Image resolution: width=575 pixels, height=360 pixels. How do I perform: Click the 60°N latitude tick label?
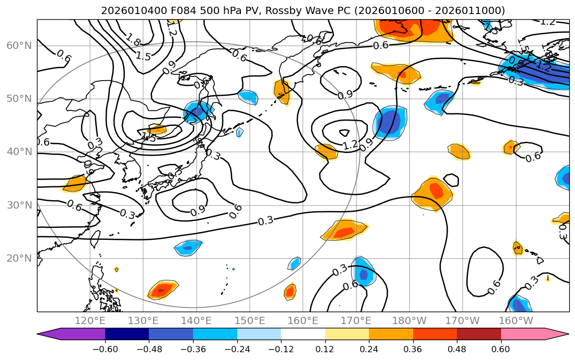pos(19,45)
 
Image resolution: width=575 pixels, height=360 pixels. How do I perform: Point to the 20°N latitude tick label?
pos(19,258)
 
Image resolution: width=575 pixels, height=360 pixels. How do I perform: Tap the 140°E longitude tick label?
pos(196,320)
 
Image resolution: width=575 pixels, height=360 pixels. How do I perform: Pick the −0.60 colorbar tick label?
pos(105,349)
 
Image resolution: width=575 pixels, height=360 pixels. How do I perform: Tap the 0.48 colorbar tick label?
pos(457,349)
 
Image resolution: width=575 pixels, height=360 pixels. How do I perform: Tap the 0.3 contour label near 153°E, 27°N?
pos(265,221)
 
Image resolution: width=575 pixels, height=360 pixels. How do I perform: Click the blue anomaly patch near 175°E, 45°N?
pos(389,124)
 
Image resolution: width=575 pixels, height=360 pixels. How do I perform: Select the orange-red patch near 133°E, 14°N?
pos(162,290)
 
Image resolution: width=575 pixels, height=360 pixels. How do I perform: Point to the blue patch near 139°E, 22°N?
pos(188,248)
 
